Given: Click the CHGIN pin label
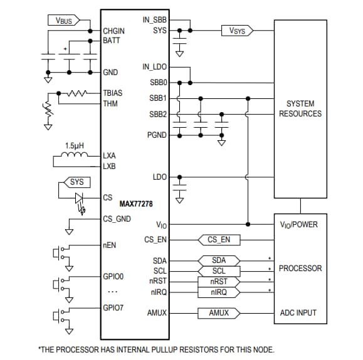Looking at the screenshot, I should [113, 31].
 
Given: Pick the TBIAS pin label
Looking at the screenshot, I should [113, 93].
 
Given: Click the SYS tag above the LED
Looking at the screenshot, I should [76, 182].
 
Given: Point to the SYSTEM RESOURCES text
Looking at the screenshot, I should [300, 108].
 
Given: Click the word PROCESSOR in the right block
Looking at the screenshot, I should [300, 268].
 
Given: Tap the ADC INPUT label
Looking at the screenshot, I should [298, 312].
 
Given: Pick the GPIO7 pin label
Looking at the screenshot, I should [113, 307].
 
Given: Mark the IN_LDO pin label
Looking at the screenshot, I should [154, 67].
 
